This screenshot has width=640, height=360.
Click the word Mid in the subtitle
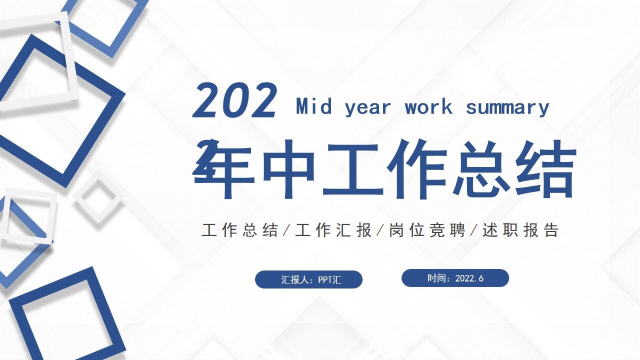click(313, 107)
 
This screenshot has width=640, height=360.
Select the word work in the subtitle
click(428, 107)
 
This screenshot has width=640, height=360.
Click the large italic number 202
click(235, 101)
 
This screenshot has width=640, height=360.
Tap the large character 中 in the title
click(288, 169)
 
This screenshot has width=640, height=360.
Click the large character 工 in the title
click(353, 169)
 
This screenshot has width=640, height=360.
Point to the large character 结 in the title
click(546, 169)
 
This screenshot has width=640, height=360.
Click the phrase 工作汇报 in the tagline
click(333, 230)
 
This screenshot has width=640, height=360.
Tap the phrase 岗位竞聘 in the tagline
click(427, 230)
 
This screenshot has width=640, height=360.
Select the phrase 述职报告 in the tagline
click(520, 230)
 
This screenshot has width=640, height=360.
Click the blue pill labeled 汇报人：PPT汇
click(308, 279)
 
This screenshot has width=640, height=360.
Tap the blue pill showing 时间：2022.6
click(455, 278)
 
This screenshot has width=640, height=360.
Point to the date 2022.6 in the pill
click(469, 278)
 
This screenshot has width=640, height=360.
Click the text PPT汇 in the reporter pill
click(330, 279)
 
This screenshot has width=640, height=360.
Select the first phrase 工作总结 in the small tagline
click(240, 230)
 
